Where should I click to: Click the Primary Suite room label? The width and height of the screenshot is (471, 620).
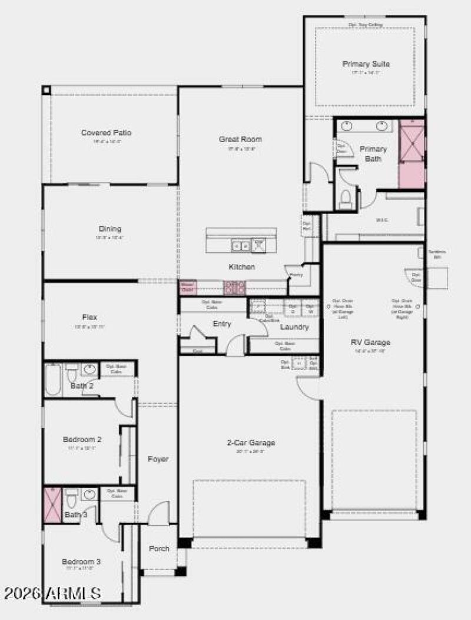pyautogui.click(x=366, y=64)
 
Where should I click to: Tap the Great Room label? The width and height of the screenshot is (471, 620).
pyautogui.click(x=240, y=139)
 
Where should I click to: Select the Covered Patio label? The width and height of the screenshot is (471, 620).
pyautogui.click(x=106, y=133)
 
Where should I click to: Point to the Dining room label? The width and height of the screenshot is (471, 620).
pyautogui.click(x=110, y=229)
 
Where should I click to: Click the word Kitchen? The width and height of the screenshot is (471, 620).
pyautogui.click(x=242, y=267)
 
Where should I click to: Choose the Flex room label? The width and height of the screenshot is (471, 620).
pyautogui.click(x=90, y=317)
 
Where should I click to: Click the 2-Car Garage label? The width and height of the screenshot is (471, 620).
pyautogui.click(x=251, y=443)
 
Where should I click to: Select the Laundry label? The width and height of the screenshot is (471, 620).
pyautogui.click(x=294, y=327)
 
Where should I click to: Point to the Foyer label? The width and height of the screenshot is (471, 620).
pyautogui.click(x=158, y=459)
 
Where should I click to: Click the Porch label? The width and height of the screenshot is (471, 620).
pyautogui.click(x=159, y=548)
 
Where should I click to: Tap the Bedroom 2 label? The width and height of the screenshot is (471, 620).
pyautogui.click(x=82, y=439)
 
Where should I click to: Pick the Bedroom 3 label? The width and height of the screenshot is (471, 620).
pyautogui.click(x=81, y=562)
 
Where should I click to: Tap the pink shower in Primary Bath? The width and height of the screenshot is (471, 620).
pyautogui.click(x=412, y=154)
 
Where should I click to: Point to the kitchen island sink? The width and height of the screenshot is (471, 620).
pyautogui.click(x=240, y=245)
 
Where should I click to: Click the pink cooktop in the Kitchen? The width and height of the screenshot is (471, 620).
pyautogui.click(x=234, y=288)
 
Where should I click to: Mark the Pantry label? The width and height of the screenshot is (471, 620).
pyautogui.click(x=296, y=275)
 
